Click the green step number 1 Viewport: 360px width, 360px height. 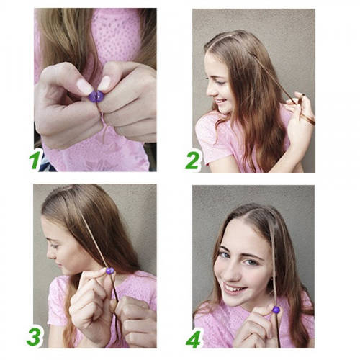coord(35,159)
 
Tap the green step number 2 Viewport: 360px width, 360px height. coord(192,161)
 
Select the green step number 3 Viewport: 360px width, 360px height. coord(34,337)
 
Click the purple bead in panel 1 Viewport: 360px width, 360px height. coord(96,96)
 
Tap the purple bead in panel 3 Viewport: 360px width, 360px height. coord(110,271)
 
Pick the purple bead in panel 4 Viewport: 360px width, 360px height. coord(276,310)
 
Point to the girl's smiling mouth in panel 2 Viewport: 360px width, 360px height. coord(220,102)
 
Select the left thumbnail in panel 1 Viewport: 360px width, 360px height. coord(84,86)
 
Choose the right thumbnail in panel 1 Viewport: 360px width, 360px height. coord(104,83)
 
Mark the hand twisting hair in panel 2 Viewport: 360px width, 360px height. coord(300,115)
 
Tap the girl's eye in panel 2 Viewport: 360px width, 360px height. coord(220,83)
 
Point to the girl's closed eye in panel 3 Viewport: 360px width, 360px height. coord(54,246)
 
